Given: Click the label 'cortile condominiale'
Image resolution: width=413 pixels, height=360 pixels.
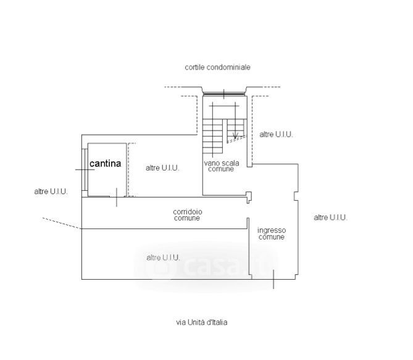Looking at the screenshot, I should click(217, 67).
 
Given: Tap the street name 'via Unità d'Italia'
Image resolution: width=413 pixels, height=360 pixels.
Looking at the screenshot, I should click(201, 322).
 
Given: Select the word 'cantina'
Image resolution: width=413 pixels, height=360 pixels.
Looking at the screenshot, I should click(106, 164).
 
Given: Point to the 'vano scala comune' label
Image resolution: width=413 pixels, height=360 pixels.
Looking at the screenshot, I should click(220, 165).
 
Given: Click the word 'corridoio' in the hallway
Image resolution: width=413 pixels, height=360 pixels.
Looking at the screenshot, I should click(187, 212).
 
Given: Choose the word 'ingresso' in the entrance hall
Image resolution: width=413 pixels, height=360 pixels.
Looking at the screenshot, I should click(272, 230).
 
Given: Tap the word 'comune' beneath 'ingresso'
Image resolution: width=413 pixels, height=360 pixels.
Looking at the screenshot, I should click(272, 237).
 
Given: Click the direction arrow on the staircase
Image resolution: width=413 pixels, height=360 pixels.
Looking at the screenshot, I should click(234, 134).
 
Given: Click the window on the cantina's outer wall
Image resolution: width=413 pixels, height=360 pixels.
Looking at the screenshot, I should click(83, 169).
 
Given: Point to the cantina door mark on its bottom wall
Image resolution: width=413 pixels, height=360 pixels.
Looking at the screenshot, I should click(116, 198).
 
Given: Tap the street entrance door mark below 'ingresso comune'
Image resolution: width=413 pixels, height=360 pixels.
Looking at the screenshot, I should click(273, 280).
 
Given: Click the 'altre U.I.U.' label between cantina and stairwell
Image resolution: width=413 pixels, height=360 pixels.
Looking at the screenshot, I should click(162, 168).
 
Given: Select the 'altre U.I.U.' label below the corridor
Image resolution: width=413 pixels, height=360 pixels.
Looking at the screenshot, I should click(163, 257).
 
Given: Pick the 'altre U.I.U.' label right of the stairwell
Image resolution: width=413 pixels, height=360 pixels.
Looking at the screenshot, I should click(276, 134).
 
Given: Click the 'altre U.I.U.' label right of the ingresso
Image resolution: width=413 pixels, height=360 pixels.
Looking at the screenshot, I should click(330, 217).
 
